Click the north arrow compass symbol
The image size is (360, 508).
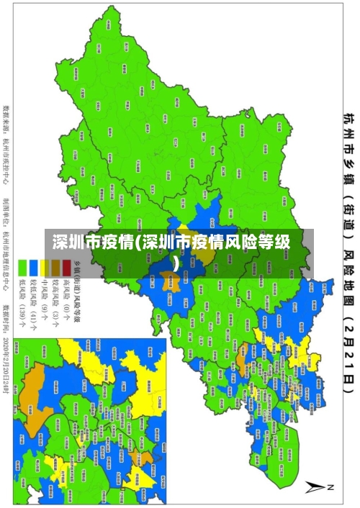315,486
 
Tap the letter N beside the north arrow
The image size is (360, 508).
331,486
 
